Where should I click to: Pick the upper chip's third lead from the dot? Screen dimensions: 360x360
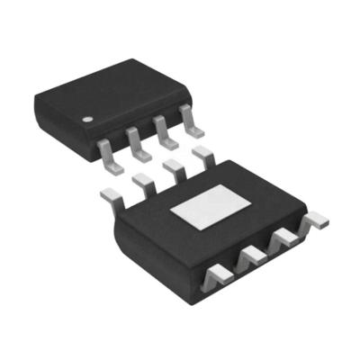click(164, 128)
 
